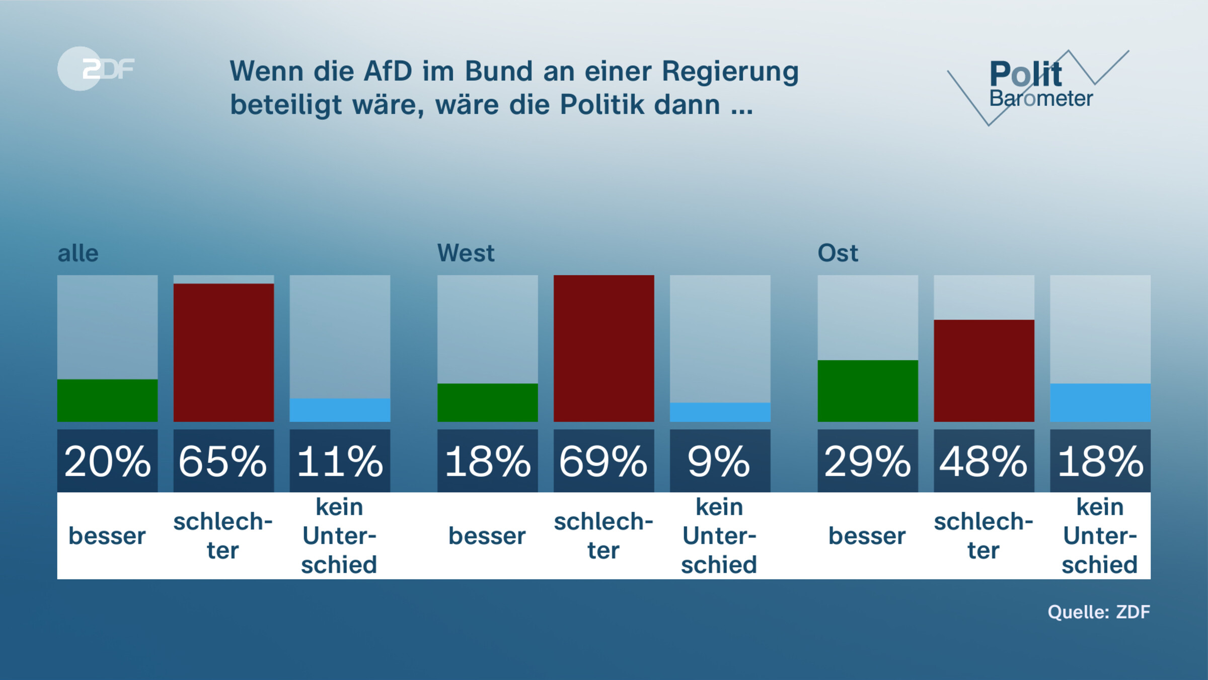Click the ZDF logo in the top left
pos(96,69)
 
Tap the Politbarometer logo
pos(1039,86)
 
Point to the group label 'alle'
pos(78,253)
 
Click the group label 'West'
pos(466,253)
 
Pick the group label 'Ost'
pos(838,253)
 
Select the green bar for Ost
pos(868,391)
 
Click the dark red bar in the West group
pos(603,348)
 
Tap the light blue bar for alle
pos(340,410)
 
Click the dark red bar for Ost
pos(984,371)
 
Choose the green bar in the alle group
pos(107,400)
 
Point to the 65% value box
pos(223,461)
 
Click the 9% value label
pos(720,461)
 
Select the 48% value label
pos(984,461)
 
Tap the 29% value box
pos(868,461)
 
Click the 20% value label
pos(107,461)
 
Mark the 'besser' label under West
pos(487,536)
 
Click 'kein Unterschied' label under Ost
pos(1100,536)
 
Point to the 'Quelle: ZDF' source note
pos(1099,612)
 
